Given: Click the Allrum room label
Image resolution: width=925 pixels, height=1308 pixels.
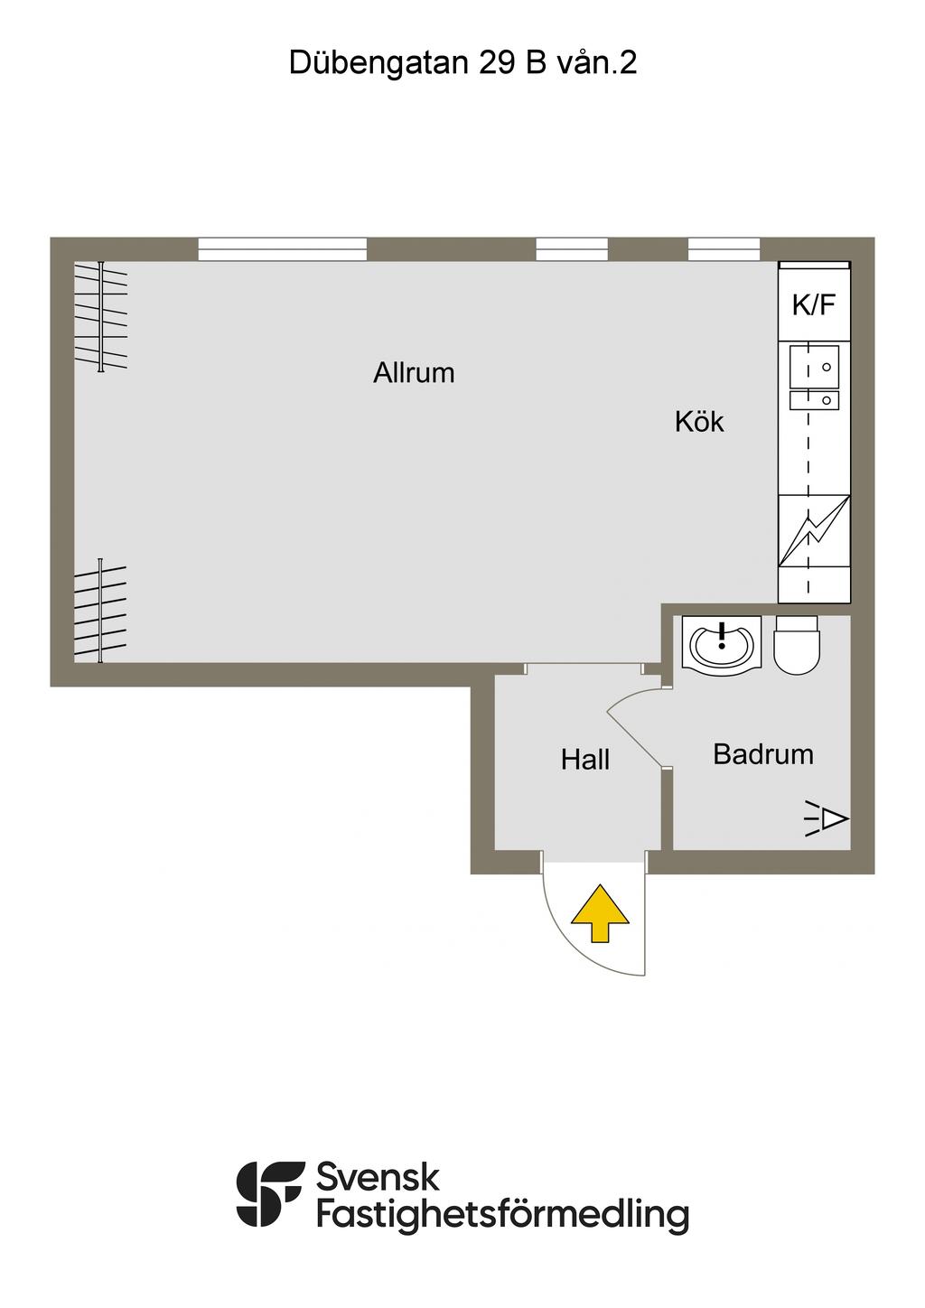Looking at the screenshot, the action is (414, 372).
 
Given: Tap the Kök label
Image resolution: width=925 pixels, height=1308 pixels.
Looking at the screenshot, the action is (699, 422).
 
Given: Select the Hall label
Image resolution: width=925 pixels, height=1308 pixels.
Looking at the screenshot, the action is (585, 760).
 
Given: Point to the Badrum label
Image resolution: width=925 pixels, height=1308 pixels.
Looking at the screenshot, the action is (762, 754).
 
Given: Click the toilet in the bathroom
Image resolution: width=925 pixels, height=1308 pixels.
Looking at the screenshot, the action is (797, 645).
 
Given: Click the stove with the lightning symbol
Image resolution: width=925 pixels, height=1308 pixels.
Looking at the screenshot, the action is (814, 531).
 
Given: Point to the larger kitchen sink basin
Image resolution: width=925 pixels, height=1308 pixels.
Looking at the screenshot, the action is (814, 366).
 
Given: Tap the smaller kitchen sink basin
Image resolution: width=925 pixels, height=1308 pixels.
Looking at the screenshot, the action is (814, 400).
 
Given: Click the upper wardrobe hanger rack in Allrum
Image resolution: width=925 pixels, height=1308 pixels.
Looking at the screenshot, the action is (101, 316).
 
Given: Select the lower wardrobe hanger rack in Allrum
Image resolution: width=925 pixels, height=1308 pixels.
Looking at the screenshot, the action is (100, 611).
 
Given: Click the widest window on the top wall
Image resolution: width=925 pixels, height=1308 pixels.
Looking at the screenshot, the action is (283, 248).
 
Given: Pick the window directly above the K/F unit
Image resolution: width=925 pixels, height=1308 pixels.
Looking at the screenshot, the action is (724, 248).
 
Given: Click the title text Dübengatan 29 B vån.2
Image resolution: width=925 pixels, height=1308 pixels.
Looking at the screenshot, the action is (462, 62).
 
